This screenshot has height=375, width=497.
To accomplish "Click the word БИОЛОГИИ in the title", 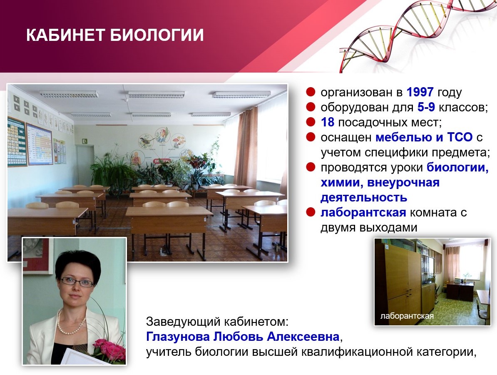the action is pos(157,35).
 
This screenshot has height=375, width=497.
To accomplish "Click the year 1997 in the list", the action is pos(420,92).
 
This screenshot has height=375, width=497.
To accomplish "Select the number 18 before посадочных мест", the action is pos(328,122).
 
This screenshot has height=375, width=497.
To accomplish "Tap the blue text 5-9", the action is pos(426,107).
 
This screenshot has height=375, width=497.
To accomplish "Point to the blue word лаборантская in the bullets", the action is pos(363,212).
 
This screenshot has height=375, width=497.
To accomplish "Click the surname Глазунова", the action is pos(178,336).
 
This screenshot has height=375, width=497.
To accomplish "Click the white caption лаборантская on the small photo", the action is pos(407,316).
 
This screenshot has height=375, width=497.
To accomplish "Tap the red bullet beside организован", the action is pos(311,92).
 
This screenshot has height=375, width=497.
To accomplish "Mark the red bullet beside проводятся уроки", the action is pos(311,167).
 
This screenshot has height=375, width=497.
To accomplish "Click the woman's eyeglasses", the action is pos(77,281).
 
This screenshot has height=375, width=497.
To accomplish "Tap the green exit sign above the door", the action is pos(85,141).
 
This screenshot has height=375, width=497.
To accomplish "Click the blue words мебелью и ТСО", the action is pos(424,138).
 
